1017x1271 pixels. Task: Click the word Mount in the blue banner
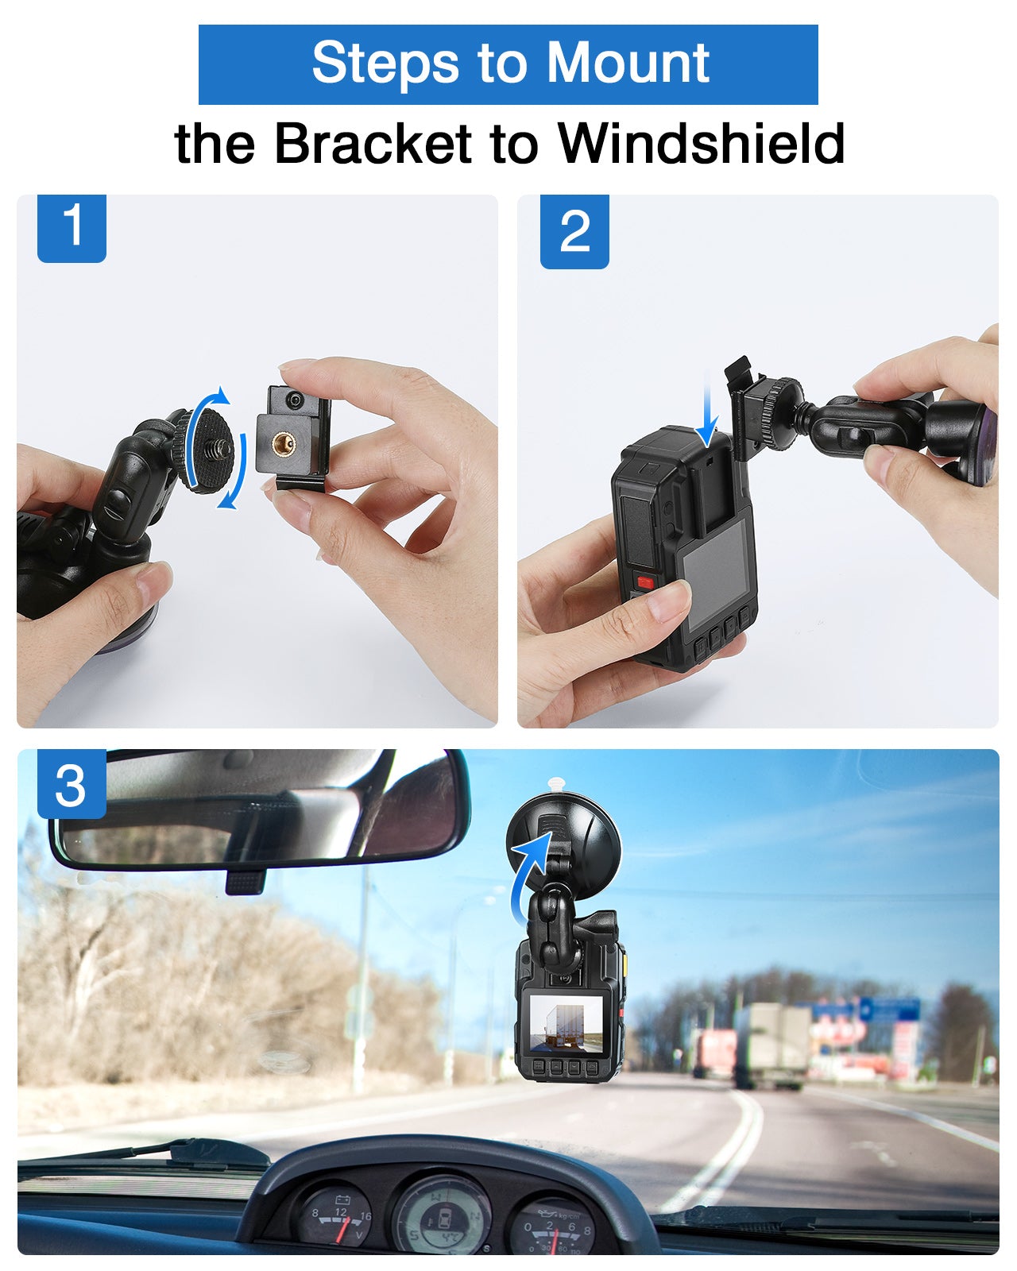point(628,63)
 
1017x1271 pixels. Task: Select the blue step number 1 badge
point(72,228)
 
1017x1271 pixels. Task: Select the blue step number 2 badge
point(574,231)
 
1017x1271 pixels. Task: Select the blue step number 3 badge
point(72,784)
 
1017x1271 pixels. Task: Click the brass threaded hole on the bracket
point(283,442)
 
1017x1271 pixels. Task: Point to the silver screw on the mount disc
point(222,450)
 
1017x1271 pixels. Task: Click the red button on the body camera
point(644,581)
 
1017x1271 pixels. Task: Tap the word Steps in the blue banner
point(385,64)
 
